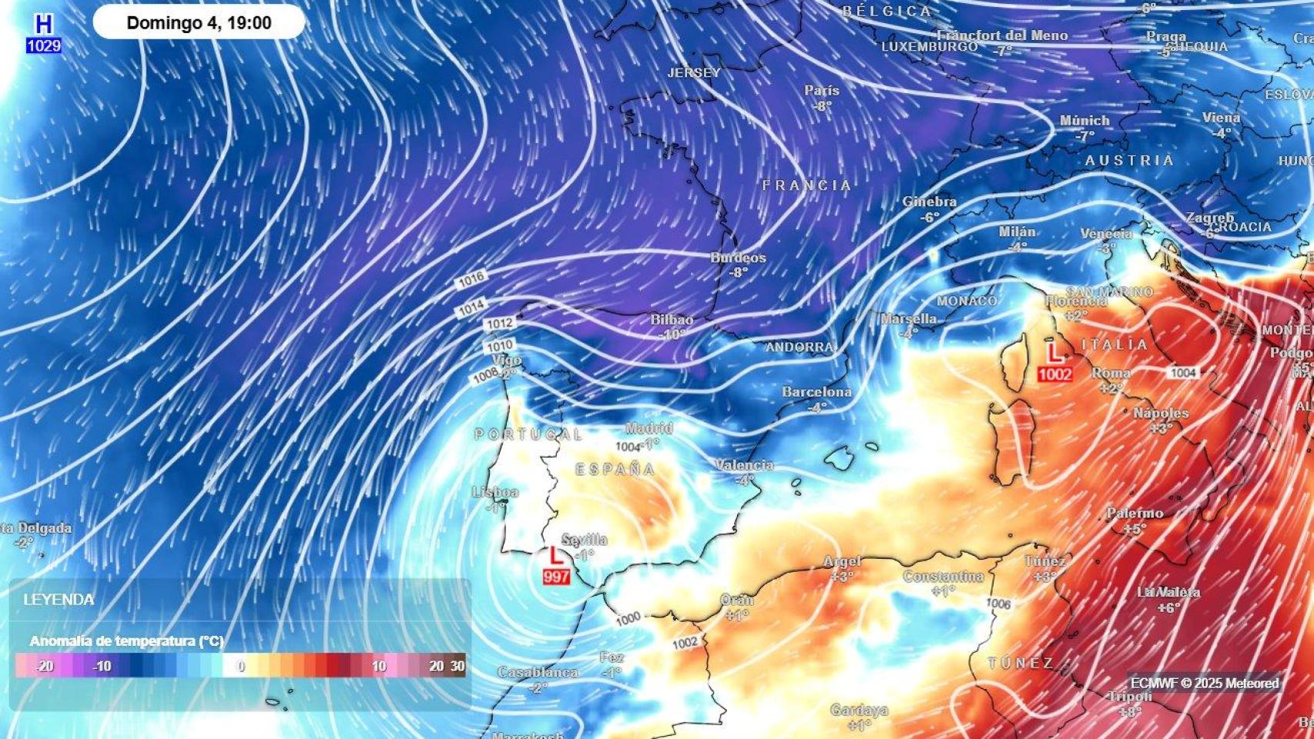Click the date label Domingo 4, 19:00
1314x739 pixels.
pyautogui.click(x=199, y=23)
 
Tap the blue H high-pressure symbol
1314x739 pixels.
pyautogui.click(x=43, y=25)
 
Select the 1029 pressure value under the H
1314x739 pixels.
pyautogui.click(x=44, y=46)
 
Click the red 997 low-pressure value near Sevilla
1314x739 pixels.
pyautogui.click(x=556, y=577)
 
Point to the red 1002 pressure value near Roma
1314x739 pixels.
pyautogui.click(x=1054, y=374)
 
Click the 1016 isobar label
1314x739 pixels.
pyautogui.click(x=471, y=280)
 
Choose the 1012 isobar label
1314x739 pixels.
pyautogui.click(x=499, y=324)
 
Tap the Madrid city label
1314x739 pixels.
pyautogui.click(x=649, y=428)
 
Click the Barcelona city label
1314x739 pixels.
pyautogui.click(x=816, y=392)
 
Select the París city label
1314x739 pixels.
pyautogui.click(x=822, y=91)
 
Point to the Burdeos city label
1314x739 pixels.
pyautogui.click(x=738, y=258)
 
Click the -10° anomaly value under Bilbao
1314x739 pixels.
pyautogui.click(x=672, y=335)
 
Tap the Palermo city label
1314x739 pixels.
pyautogui.click(x=1135, y=513)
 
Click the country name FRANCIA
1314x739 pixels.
pyautogui.click(x=806, y=186)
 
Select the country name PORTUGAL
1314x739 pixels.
pyautogui.click(x=528, y=435)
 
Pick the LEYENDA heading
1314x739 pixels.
pyautogui.click(x=59, y=600)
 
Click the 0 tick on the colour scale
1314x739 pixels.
pyautogui.click(x=241, y=667)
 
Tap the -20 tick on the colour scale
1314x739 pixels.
pyautogui.click(x=44, y=667)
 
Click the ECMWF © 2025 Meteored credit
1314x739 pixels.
pyautogui.click(x=1204, y=683)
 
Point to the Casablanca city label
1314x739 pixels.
pyautogui.click(x=537, y=672)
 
